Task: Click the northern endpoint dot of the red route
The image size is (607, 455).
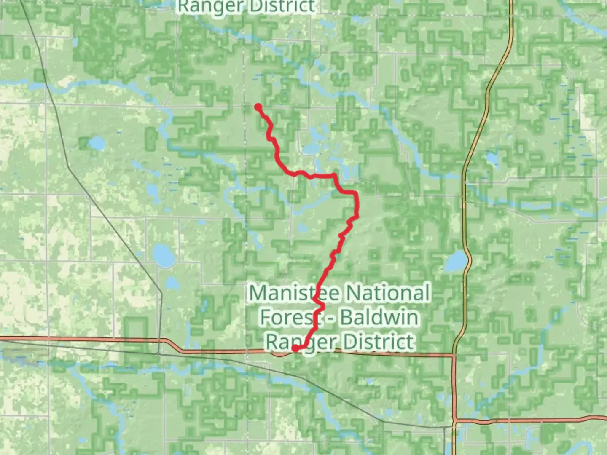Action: pos(258,107)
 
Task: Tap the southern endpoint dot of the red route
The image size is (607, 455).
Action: pos(295,348)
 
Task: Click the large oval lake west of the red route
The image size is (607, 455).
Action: pos(164,254)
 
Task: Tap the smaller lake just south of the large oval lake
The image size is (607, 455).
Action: pos(171,284)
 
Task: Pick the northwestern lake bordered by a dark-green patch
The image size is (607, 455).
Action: pos(97,144)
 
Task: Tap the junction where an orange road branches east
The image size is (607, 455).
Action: pos(455,421)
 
